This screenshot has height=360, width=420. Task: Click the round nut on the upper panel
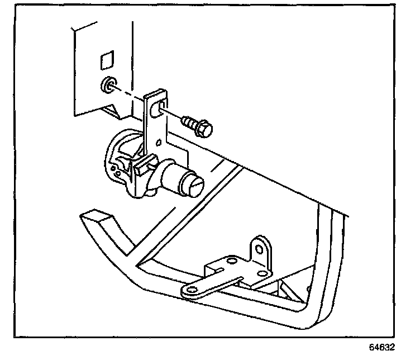[107, 86]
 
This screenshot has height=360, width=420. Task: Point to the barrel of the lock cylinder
[173, 176]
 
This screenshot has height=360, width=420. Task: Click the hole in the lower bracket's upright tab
[259, 247]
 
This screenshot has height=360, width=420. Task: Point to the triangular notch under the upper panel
[120, 112]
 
